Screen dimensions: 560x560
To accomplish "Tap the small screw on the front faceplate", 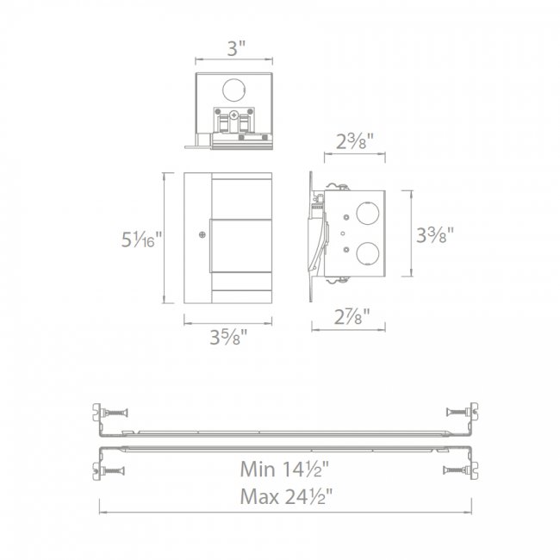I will click(x=201, y=233).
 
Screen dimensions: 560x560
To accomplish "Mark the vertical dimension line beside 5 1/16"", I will click(x=165, y=237).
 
